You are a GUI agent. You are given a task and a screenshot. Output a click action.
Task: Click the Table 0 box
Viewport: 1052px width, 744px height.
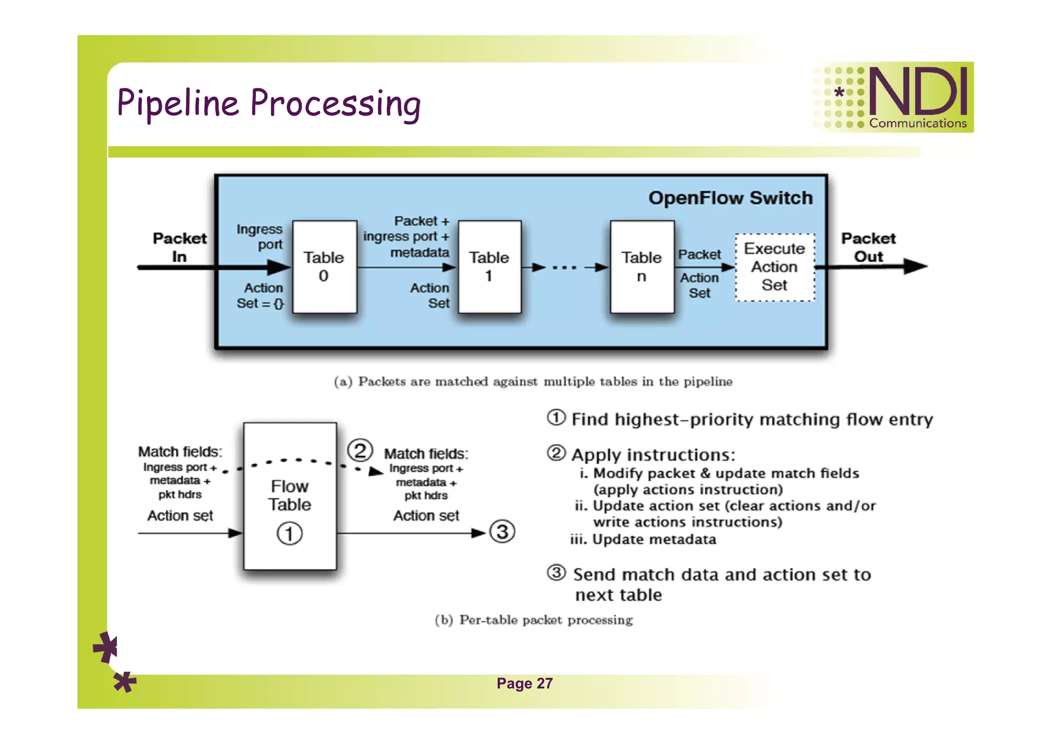324,267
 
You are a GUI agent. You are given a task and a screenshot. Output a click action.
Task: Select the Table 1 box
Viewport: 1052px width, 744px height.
489,267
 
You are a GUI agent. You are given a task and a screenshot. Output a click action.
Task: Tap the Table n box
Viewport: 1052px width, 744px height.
642,267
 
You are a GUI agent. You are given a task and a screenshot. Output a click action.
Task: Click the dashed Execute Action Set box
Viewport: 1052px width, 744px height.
775,267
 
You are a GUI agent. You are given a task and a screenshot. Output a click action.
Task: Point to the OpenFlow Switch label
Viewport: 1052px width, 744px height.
730,198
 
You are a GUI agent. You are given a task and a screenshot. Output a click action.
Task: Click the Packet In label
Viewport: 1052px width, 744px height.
179,247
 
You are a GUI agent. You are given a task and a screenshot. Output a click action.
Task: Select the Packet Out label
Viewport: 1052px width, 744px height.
868,247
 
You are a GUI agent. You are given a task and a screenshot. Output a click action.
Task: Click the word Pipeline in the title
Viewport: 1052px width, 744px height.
178,103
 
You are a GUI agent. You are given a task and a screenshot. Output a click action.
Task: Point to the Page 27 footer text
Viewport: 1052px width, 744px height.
524,683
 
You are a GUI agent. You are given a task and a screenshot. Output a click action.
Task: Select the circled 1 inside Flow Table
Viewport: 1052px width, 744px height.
290,533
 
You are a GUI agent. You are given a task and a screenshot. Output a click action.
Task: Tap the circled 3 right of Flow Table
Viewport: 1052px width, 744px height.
502,532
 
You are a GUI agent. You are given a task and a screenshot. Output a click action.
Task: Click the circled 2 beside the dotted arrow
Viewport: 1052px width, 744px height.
360,451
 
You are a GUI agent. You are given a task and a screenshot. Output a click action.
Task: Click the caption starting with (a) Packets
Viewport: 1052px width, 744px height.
533,382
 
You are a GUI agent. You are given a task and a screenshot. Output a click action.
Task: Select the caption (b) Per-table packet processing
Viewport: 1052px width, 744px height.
533,620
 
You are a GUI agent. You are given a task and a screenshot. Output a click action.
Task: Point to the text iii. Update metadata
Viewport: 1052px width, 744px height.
643,540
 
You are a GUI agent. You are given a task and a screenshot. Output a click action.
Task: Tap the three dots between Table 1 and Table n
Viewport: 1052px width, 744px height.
565,267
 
